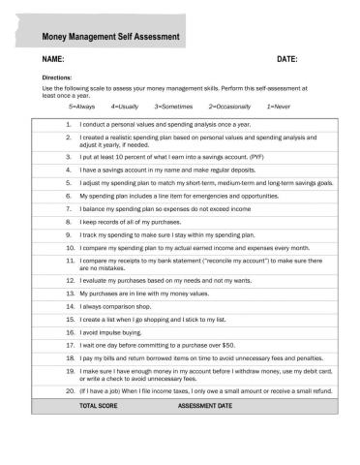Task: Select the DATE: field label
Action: tap(287, 61)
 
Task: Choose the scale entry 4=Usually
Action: tap(125, 106)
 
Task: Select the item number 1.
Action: tap(69, 124)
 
